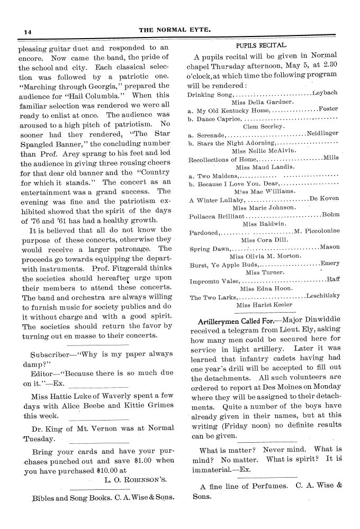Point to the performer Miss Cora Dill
click(x=263, y=240)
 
